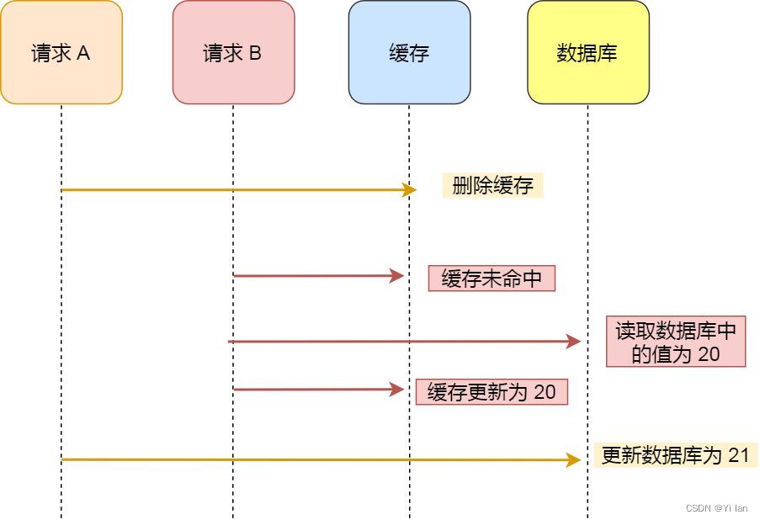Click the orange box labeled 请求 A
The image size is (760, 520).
61,52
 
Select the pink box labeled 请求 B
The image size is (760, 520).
233,52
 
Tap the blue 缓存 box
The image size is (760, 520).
409,52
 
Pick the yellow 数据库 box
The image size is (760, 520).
587,52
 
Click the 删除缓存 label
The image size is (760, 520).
492,186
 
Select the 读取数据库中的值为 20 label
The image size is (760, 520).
676,342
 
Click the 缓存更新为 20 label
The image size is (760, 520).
492,392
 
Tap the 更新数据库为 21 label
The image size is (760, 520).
675,455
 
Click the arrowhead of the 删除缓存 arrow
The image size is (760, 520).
412,190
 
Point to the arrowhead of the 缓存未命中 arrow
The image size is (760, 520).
399,275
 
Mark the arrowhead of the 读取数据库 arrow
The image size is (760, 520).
575,342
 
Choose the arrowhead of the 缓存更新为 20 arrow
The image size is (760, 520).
399,390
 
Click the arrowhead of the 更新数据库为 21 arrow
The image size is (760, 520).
575,459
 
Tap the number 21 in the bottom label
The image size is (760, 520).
738,455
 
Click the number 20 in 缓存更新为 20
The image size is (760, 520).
545,392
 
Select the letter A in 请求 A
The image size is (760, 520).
83,53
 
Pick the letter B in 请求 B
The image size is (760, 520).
255,53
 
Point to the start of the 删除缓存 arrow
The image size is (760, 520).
63,190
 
